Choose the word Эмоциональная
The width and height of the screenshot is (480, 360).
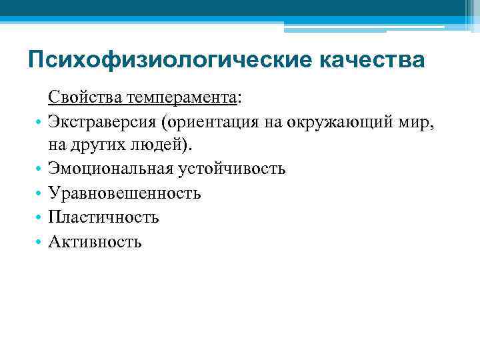tap(111, 169)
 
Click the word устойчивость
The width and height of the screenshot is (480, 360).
tap(231, 169)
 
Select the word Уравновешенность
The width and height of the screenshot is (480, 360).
tap(124, 193)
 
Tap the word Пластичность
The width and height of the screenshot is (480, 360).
tap(103, 217)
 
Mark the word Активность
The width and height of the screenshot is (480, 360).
tap(95, 241)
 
